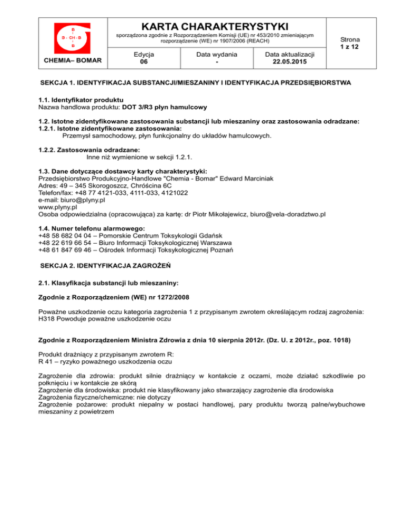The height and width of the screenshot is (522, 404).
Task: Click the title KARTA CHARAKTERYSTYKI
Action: (x=215, y=26)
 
